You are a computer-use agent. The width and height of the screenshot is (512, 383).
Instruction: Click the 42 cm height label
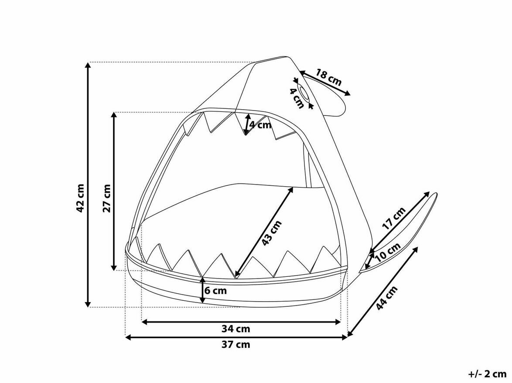(80, 198)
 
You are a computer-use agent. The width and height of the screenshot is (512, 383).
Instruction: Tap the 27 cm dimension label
(107, 198)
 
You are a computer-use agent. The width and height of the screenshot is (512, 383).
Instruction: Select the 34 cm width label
(236, 329)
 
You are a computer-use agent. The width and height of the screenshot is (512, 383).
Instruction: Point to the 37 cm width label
(236, 344)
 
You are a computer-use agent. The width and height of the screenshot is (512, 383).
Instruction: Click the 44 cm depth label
(386, 298)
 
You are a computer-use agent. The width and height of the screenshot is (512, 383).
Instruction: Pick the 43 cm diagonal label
(271, 233)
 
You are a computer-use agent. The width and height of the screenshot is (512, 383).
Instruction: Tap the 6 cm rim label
(215, 290)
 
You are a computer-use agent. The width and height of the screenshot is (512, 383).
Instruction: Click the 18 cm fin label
(329, 77)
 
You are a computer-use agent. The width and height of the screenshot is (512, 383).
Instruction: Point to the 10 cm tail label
(388, 252)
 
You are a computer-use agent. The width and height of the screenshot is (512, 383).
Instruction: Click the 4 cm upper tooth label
(260, 124)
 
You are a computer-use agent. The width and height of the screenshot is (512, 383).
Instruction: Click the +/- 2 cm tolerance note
(488, 373)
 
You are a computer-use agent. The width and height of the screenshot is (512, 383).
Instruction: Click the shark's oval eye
(304, 93)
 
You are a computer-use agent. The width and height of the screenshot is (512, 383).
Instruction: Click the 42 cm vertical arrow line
(88, 185)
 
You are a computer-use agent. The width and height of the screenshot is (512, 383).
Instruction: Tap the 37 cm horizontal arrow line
(236, 337)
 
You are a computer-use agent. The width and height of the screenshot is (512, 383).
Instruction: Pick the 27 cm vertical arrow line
(114, 191)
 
